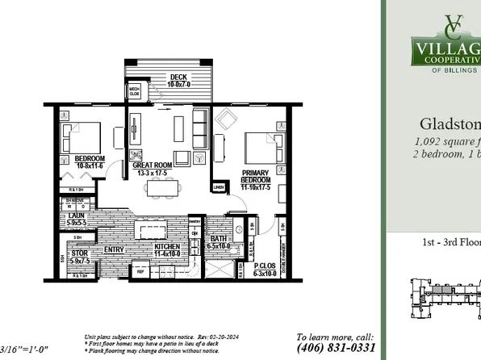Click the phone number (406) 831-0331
pyautogui.click(x=336, y=348)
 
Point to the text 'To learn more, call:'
pyautogui.click(x=336, y=337)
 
